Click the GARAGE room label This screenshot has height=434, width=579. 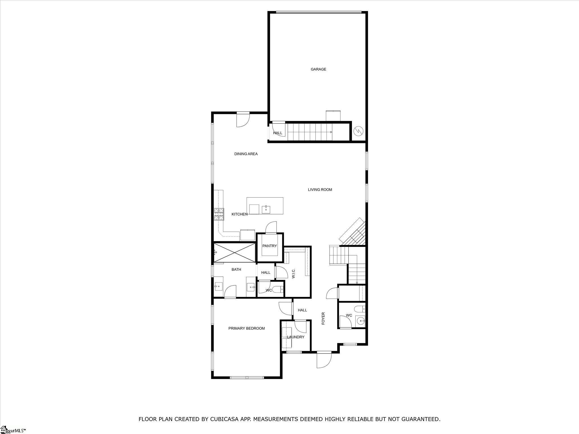(318, 69)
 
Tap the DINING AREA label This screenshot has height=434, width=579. (246, 154)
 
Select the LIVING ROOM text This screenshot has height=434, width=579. (320, 190)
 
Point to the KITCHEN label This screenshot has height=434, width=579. (239, 214)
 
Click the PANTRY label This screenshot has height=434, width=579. (269, 246)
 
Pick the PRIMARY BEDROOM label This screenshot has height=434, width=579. (247, 328)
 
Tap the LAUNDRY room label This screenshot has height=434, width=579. (296, 337)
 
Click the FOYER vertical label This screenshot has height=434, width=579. (323, 318)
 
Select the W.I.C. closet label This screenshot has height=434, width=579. (293, 274)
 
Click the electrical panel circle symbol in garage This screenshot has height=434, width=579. (358, 131)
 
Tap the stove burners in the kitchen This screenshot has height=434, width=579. (219, 214)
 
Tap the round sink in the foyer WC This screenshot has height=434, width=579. (360, 321)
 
